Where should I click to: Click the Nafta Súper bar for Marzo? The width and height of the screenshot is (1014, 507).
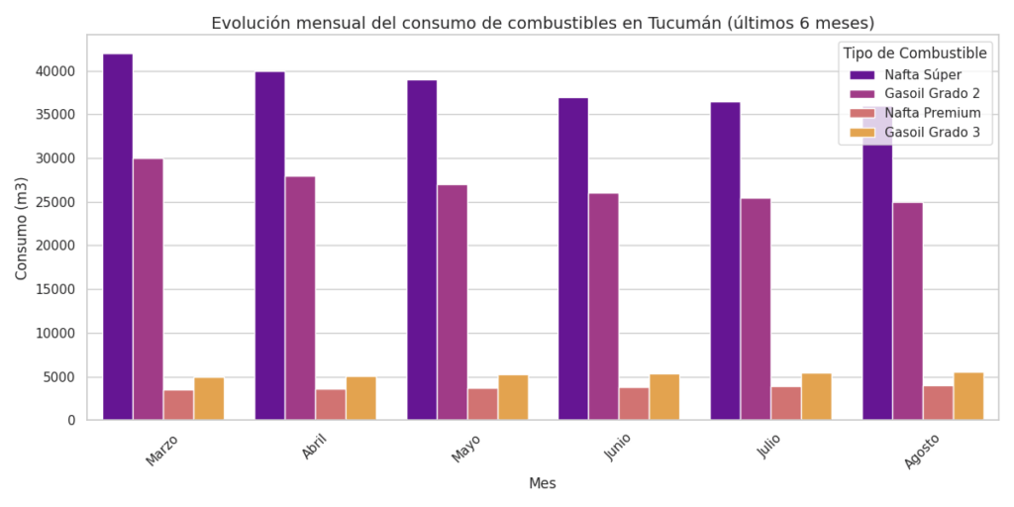click(118, 238)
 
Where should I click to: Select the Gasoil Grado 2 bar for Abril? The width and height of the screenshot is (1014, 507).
click(300, 298)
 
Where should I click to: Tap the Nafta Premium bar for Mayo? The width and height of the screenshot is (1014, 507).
click(482, 404)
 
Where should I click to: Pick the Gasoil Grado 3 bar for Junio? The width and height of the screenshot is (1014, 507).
click(664, 397)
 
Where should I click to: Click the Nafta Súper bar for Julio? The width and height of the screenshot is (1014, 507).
click(725, 261)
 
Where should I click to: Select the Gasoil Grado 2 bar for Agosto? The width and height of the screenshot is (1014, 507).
click(907, 311)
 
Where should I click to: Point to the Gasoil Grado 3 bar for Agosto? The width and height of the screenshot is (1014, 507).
click(968, 396)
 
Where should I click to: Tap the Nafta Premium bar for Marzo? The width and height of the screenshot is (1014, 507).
click(178, 405)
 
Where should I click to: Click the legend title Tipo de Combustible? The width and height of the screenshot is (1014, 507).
click(915, 52)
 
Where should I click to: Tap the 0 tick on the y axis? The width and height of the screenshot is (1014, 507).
click(71, 421)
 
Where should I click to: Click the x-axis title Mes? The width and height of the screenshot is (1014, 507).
click(543, 483)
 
